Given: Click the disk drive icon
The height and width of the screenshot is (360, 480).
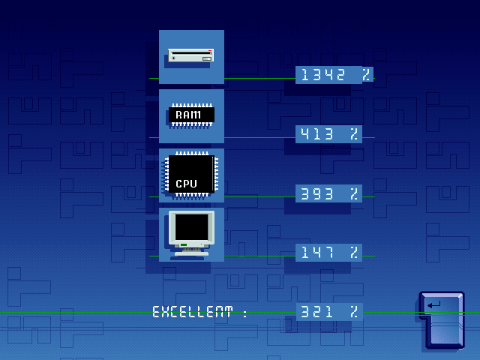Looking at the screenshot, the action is [191, 55].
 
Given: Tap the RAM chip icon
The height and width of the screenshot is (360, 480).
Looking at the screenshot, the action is [192, 115].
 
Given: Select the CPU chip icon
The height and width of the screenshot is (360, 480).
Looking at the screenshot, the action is [192, 174].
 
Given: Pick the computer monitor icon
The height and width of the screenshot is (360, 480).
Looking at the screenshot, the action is [192, 233].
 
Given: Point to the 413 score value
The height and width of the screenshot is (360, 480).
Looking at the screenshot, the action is [316, 134].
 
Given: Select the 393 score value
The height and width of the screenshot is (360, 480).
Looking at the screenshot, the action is [316, 193].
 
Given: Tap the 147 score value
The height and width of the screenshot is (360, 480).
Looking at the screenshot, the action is [317, 253].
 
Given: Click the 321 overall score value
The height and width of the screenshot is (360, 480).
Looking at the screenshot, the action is [316, 312].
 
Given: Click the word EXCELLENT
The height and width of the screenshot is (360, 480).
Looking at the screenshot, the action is [193, 312].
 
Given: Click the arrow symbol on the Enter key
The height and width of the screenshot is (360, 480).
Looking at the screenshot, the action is [434, 304].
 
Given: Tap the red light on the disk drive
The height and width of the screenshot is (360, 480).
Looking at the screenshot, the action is [210, 50].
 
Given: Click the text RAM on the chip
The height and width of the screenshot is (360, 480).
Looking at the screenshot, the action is [188, 115].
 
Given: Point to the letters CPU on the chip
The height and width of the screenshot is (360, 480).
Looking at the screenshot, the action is [186, 184].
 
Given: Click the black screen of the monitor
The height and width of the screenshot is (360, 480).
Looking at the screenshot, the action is [192, 226].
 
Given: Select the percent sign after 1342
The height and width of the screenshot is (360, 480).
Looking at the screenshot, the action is [366, 75].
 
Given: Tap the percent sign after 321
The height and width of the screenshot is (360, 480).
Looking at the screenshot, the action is [354, 312].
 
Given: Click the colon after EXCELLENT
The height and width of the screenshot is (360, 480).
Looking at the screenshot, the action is [245, 313].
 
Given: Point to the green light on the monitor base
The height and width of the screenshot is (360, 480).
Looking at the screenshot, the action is [183, 245].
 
